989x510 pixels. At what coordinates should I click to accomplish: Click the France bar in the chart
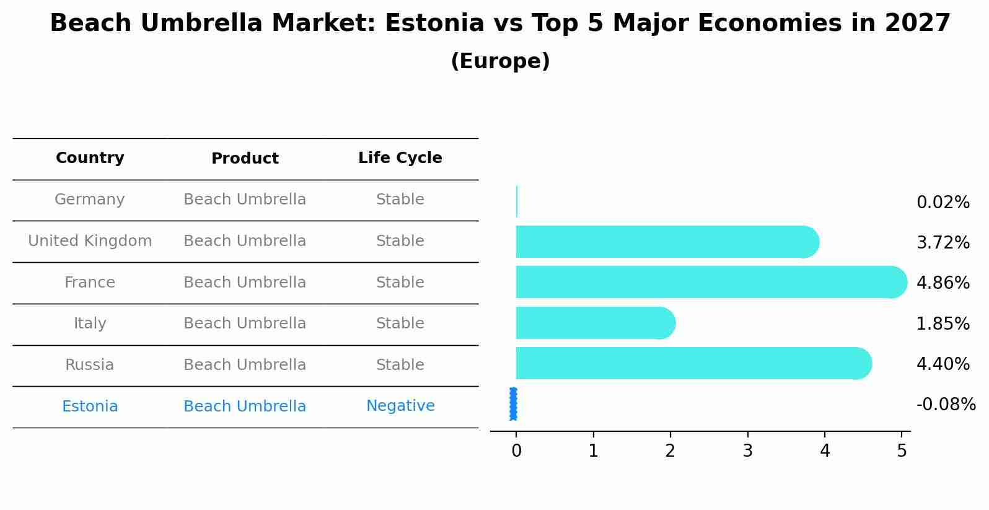point(706,282)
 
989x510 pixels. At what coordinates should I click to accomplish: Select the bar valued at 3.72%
point(663,242)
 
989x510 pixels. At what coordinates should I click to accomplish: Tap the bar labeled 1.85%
point(592,323)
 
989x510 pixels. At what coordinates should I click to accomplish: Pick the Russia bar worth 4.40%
point(688,363)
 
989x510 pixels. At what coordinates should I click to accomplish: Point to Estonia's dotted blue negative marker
point(513,404)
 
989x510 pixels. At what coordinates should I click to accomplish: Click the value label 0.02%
point(943,203)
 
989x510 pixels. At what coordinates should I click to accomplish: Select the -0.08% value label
point(946,405)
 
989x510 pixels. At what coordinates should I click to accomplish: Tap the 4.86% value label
point(943,283)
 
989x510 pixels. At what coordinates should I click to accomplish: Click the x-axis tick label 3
point(747,451)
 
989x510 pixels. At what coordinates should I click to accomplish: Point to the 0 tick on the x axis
point(516,451)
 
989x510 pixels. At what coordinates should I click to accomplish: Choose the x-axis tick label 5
point(902,451)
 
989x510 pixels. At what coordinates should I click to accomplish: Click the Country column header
point(90,158)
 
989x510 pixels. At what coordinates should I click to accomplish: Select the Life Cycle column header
point(400,158)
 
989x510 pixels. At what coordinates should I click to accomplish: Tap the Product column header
point(245,159)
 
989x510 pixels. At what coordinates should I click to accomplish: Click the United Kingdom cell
point(90,241)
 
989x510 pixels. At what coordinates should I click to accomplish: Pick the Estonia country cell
point(90,407)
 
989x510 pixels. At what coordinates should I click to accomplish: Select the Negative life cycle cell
point(400,406)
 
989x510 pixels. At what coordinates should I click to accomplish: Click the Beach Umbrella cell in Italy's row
point(245,323)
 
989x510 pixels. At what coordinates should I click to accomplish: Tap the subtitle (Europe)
point(500,61)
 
